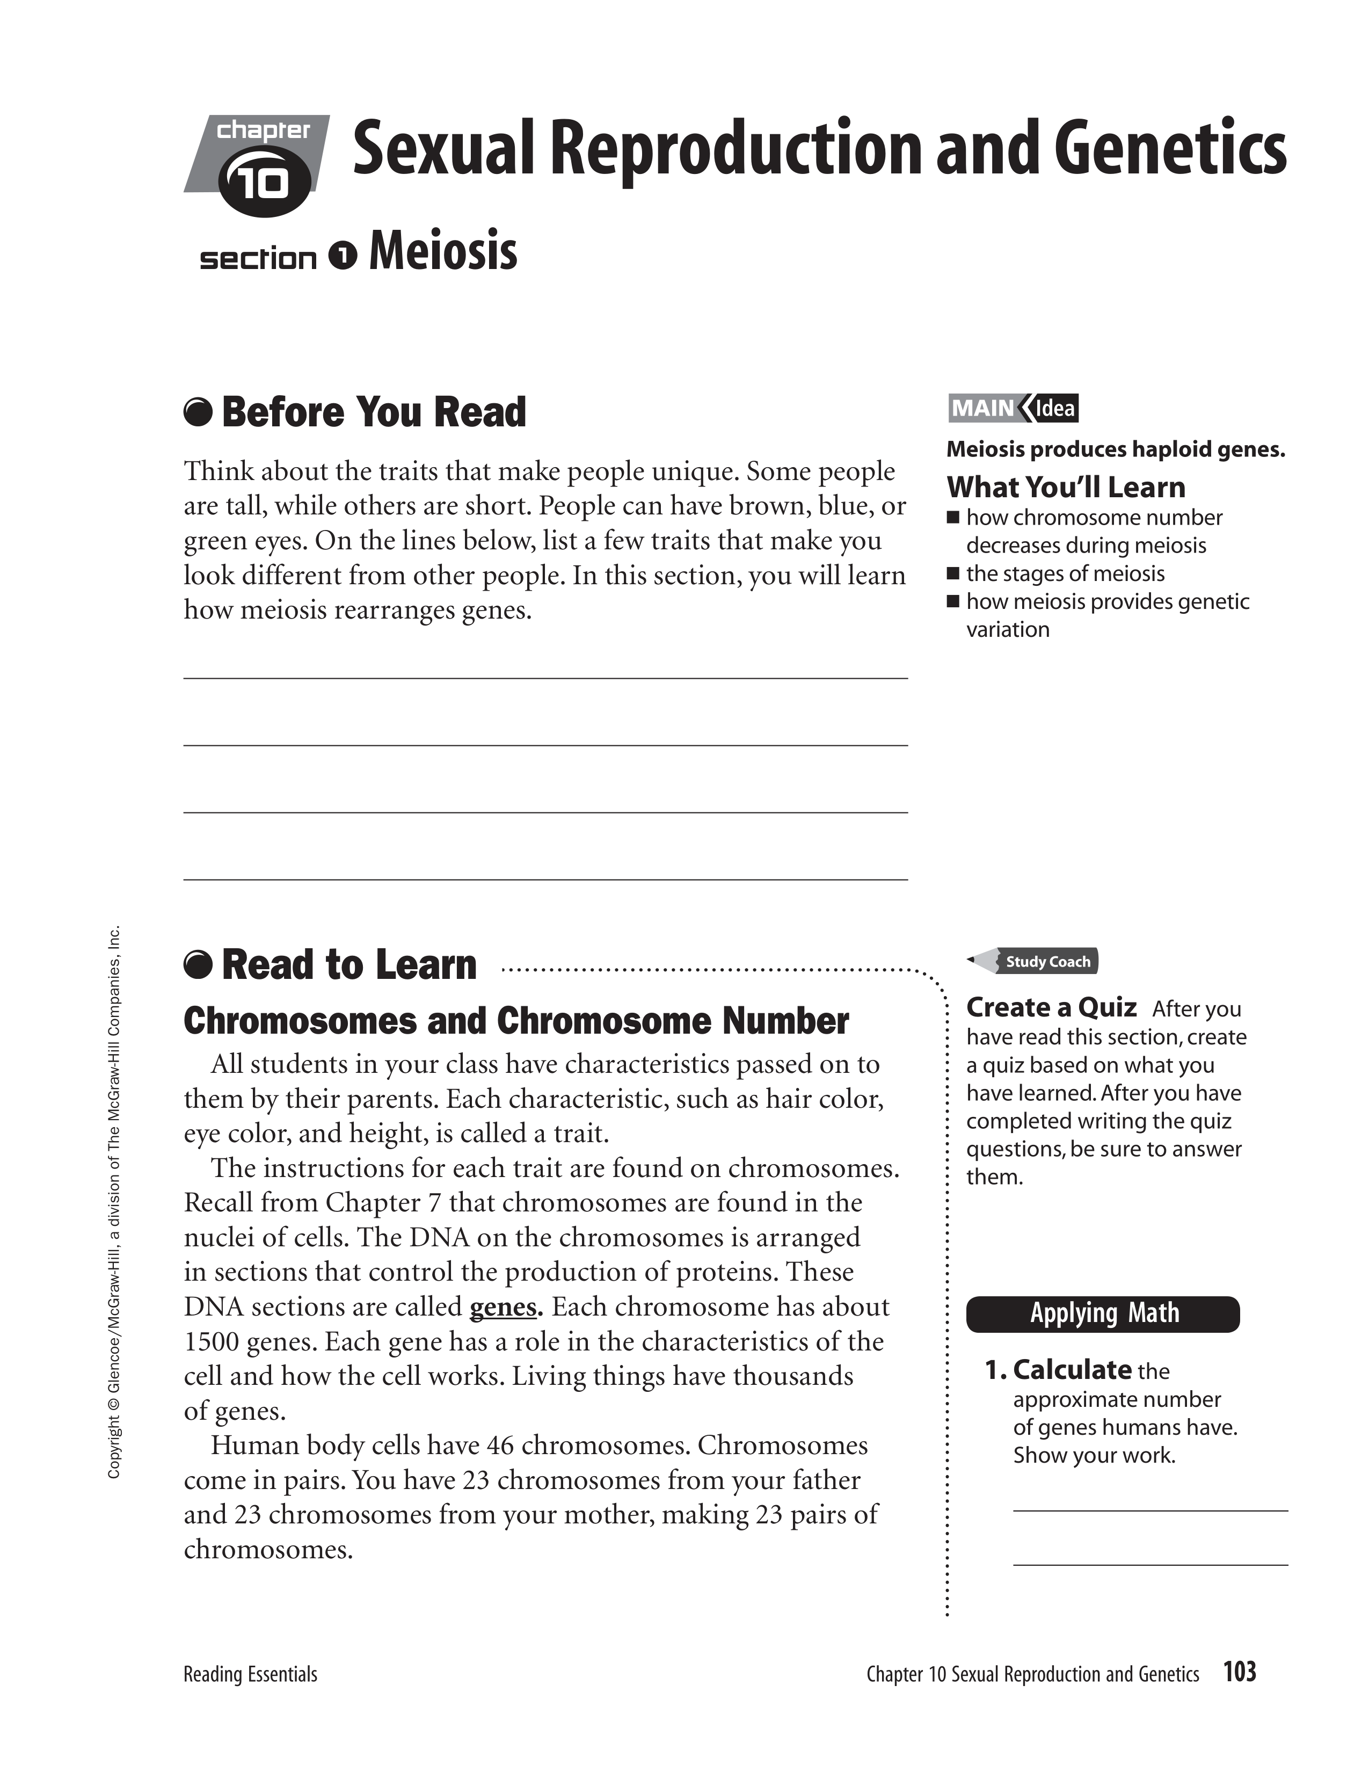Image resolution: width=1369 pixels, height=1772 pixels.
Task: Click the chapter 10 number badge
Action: [264, 183]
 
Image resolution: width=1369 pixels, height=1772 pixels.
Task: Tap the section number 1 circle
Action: [343, 256]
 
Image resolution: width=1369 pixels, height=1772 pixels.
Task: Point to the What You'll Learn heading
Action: [1066, 487]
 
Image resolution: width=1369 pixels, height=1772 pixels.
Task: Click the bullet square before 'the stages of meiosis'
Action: [954, 573]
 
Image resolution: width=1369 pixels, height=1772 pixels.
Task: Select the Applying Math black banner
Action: [1103, 1313]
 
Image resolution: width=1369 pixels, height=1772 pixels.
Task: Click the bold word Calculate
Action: [1072, 1370]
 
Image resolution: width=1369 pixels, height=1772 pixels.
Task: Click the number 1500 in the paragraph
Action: [211, 1342]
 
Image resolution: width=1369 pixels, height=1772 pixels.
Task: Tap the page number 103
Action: [1239, 1672]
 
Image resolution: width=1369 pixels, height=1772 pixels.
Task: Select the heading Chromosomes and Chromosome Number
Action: [516, 1021]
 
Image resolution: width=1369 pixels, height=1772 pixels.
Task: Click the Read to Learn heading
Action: [349, 965]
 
